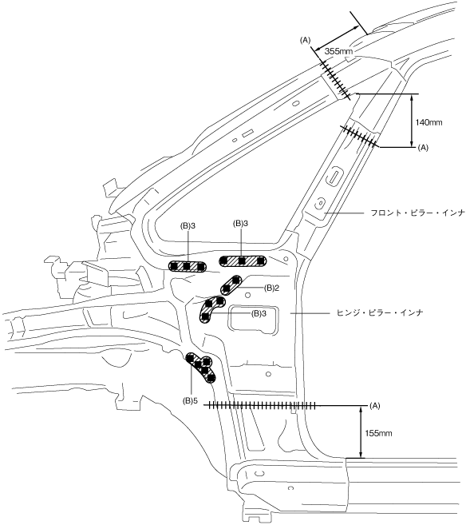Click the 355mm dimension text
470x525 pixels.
coord(338,52)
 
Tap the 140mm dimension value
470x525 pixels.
coord(429,122)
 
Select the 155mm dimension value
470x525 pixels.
coord(378,433)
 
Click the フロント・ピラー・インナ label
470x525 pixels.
coord(418,213)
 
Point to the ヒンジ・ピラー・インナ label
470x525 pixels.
coord(379,312)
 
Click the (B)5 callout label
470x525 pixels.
coord(190,400)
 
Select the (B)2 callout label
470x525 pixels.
coord(271,288)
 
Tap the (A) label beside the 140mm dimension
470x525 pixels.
coord(423,147)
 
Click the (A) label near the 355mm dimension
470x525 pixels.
coord(305,41)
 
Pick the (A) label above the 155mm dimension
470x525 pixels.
coord(375,405)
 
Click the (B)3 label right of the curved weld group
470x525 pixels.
coord(259,314)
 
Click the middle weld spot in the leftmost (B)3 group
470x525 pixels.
coord(188,266)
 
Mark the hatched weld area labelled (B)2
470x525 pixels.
coord(231,284)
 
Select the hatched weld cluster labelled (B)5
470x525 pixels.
coord(201,368)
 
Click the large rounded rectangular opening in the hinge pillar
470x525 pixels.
coord(254,319)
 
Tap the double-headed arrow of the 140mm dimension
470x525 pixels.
coord(412,121)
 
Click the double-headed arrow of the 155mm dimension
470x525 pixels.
coord(361,432)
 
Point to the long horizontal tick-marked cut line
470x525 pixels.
coord(260,405)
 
